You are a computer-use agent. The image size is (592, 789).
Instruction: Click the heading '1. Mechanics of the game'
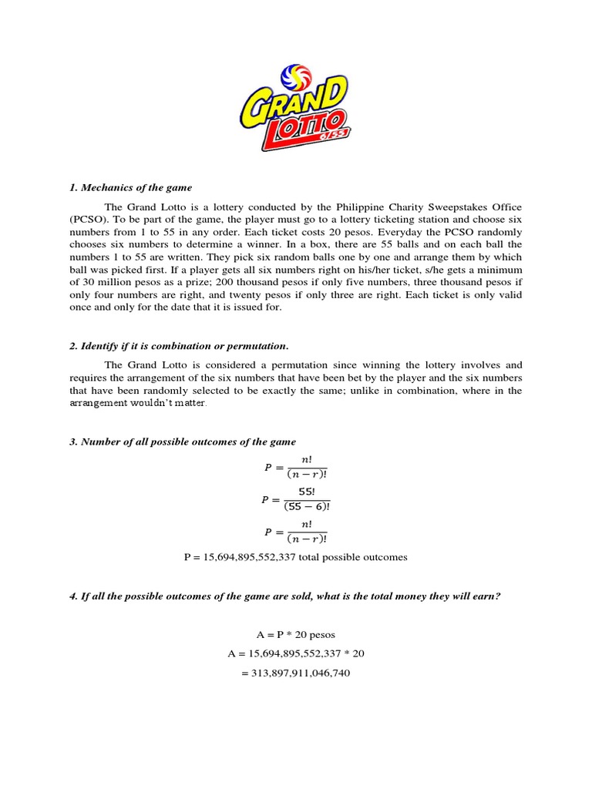point(130,187)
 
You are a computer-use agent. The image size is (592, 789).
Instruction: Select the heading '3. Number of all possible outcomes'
point(182,441)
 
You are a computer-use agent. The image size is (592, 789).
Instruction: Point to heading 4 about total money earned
point(285,596)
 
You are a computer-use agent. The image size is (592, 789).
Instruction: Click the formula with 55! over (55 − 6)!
point(295,499)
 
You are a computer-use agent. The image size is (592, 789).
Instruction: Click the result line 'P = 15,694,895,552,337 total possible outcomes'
point(295,557)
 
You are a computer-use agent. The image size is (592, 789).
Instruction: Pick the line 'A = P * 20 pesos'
point(295,635)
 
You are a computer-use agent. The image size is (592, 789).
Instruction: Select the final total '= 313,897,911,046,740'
point(295,673)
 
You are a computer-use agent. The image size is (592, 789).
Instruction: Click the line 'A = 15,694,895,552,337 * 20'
point(295,654)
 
